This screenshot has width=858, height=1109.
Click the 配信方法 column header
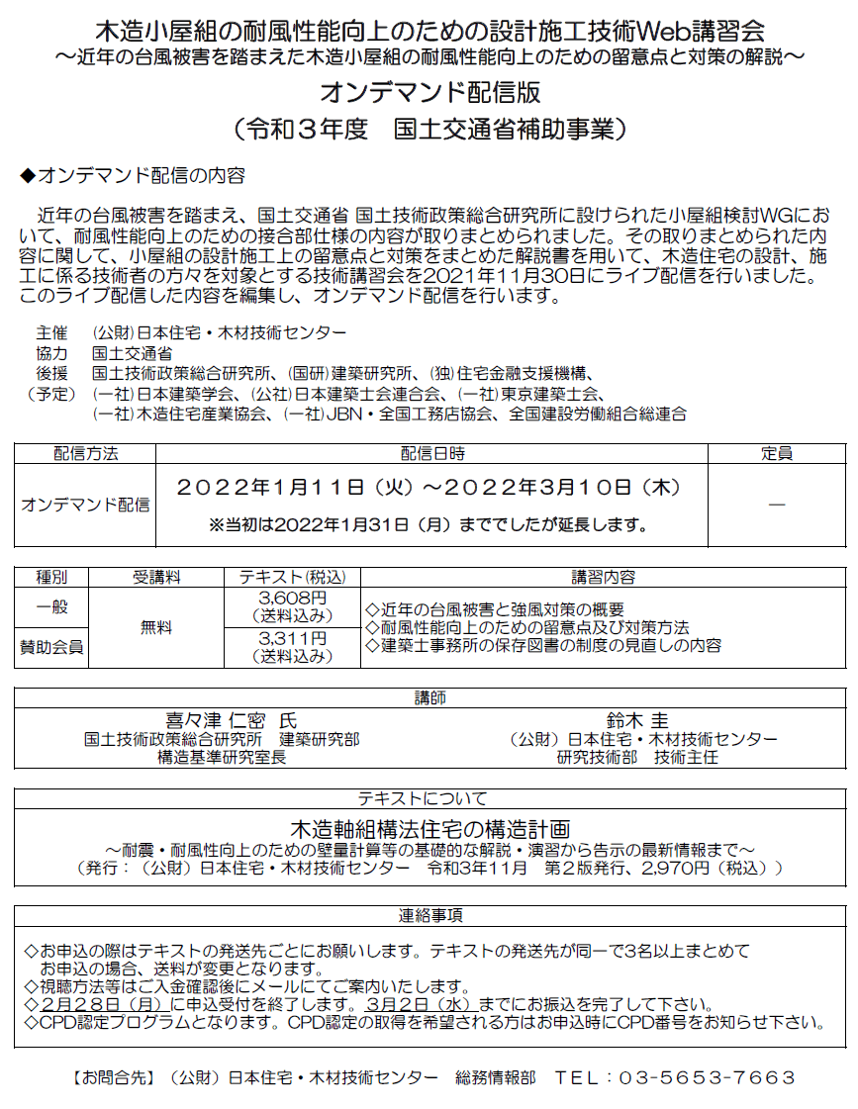(85, 454)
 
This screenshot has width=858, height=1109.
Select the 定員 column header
(777, 454)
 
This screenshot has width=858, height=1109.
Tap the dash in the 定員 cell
(777, 505)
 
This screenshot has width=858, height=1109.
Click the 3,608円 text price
(292, 600)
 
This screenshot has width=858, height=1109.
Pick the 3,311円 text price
(292, 639)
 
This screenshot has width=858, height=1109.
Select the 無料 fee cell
(155, 627)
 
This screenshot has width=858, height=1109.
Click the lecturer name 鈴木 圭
(638, 721)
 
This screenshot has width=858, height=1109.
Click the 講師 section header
(429, 698)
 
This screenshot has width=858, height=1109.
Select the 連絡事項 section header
(429, 915)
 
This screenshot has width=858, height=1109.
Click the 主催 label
(51, 333)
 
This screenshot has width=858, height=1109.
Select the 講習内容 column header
(603, 576)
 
